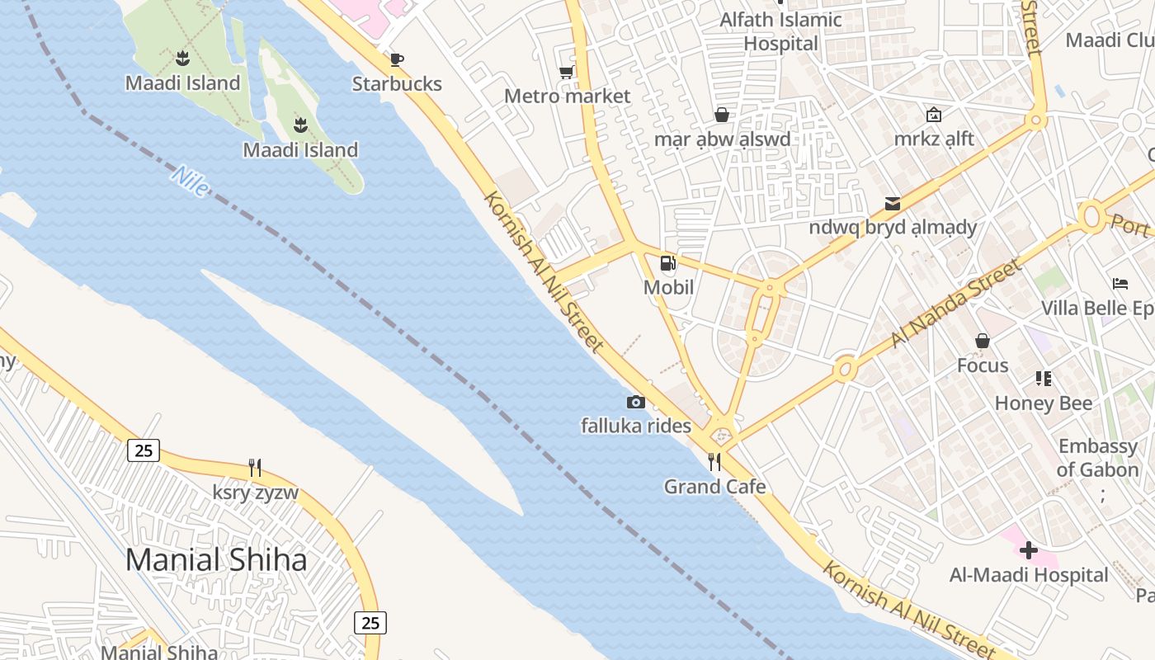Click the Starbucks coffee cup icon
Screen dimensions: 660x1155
pyautogui.click(x=396, y=59)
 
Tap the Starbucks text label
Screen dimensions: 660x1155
pyautogui.click(x=397, y=84)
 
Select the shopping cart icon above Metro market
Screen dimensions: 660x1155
pyautogui.click(x=567, y=73)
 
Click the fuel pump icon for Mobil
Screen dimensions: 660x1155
pyautogui.click(x=667, y=264)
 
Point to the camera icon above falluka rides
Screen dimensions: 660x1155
pyautogui.click(x=635, y=402)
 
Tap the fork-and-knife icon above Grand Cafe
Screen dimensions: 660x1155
pyautogui.click(x=714, y=462)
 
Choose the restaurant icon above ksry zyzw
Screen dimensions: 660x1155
pyautogui.click(x=255, y=469)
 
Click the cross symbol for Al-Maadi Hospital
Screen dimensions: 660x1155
pyautogui.click(x=1028, y=550)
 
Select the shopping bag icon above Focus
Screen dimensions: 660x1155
pyautogui.click(x=982, y=341)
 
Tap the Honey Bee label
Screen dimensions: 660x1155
pyautogui.click(x=1044, y=403)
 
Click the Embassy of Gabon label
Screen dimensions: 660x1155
pyautogui.click(x=1097, y=458)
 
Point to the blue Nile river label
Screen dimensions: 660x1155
pyautogui.click(x=191, y=181)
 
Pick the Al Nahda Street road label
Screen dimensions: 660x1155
pyautogui.click(x=956, y=303)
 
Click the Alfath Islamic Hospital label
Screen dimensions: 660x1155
pyautogui.click(x=780, y=31)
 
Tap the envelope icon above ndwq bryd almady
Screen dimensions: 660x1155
pyautogui.click(x=892, y=203)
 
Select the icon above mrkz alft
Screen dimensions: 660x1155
pyautogui.click(x=934, y=115)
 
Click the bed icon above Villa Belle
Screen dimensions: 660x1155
pyautogui.click(x=1120, y=284)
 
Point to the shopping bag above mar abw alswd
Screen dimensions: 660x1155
pyautogui.click(x=722, y=115)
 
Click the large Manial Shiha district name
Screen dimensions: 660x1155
pyautogui.click(x=216, y=560)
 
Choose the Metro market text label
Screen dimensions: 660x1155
pyautogui.click(x=567, y=97)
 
